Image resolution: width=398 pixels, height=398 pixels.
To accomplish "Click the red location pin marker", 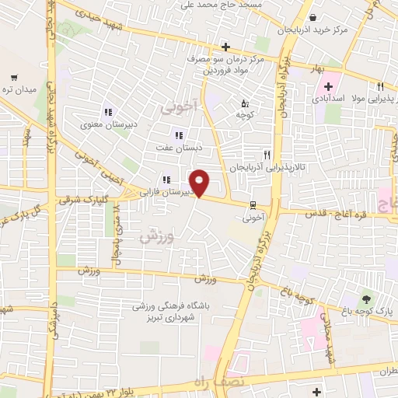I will [x=200, y=183].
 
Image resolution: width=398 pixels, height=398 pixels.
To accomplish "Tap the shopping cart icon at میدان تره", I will [x=15, y=77].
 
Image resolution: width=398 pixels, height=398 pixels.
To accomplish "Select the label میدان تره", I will [x=19, y=90].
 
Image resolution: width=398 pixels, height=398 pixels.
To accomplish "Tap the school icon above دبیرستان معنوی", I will [x=109, y=110].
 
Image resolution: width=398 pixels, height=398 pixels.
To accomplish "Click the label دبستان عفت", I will [x=180, y=147].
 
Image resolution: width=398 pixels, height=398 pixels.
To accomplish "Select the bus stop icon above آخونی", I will [x=252, y=205].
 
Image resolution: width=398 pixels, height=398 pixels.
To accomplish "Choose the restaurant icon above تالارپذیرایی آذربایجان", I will [x=267, y=155].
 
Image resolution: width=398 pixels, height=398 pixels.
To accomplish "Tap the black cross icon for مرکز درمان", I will [x=225, y=47].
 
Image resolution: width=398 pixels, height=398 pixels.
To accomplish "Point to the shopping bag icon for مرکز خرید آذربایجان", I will [x=312, y=18].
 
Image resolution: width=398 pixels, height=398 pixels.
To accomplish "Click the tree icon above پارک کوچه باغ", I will [x=366, y=298].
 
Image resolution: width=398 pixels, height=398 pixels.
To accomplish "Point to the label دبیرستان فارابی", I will [x=166, y=189].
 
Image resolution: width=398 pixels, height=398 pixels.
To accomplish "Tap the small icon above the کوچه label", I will [x=245, y=103].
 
